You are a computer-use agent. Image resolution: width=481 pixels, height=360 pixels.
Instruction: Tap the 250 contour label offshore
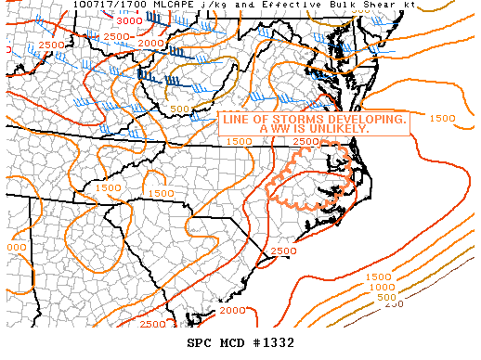tap(394, 304)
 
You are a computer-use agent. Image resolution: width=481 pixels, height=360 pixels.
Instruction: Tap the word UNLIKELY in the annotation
tap(337, 130)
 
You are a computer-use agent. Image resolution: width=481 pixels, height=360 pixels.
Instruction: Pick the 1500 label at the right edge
tap(443, 118)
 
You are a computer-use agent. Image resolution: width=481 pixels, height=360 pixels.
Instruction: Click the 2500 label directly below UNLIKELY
tap(305, 141)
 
